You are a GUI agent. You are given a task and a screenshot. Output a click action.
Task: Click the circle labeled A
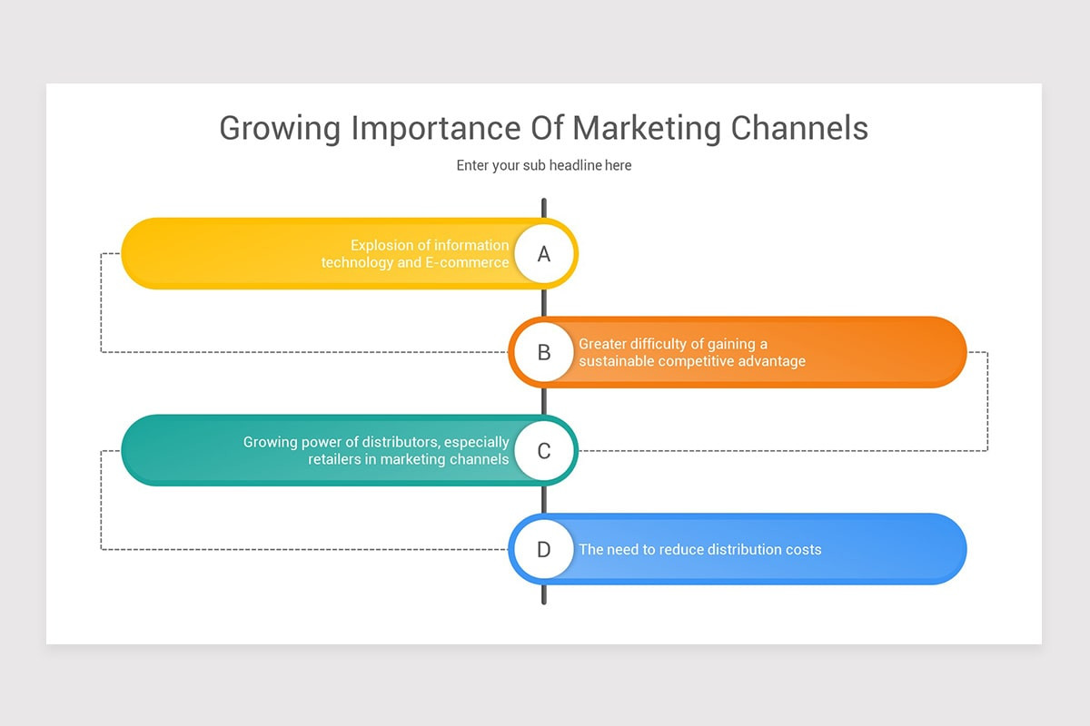coord(543,254)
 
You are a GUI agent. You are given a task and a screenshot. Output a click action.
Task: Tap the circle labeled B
coord(543,352)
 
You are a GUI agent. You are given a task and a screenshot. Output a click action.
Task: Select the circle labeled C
coord(543,451)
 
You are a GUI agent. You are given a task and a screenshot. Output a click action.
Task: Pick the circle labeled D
coord(543,549)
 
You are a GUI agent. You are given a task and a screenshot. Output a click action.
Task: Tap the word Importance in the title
coord(435,128)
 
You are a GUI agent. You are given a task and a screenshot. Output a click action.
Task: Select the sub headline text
coord(543,165)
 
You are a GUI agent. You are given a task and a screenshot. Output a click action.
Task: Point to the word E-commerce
coord(467,262)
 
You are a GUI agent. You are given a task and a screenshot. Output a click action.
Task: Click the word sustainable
coord(617,361)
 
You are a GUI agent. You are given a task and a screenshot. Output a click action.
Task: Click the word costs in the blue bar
coord(802,549)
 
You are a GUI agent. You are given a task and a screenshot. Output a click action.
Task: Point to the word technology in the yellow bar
coord(357,262)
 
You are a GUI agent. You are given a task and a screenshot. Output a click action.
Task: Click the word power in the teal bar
coord(322,442)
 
